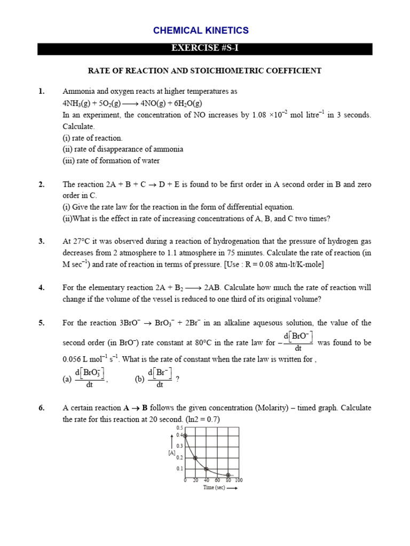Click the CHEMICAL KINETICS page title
tap(201, 30)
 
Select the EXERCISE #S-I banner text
tap(204, 49)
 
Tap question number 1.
tap(41, 91)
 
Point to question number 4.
tap(41, 287)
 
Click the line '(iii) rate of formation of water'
tap(111, 160)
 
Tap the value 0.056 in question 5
tap(73, 359)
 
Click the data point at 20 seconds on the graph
tap(195, 457)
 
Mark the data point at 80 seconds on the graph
tap(228, 475)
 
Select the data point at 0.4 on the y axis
tap(185, 436)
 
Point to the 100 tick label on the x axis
tap(239, 480)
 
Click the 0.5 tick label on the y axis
tap(179, 428)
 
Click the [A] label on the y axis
tap(172, 453)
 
